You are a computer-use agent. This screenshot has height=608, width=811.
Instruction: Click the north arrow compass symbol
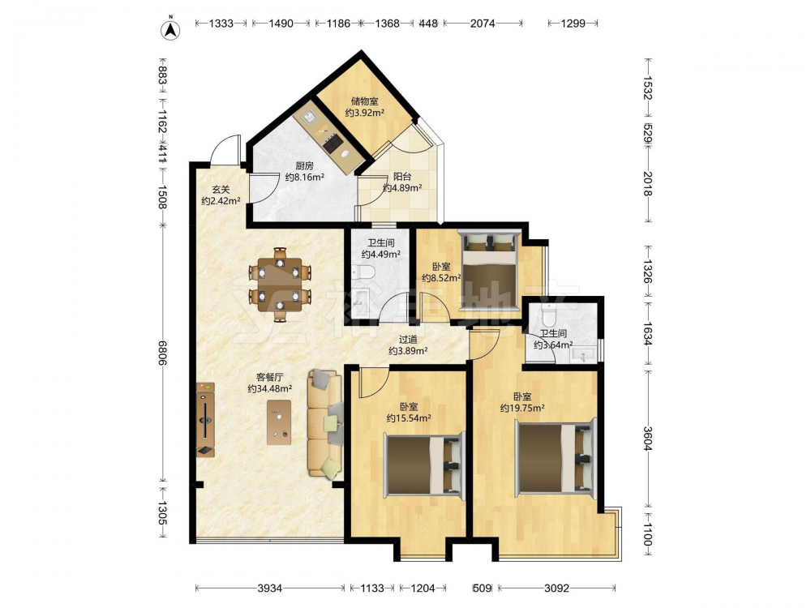(x=169, y=29)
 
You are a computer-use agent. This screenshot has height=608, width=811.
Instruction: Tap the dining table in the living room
(x=280, y=285)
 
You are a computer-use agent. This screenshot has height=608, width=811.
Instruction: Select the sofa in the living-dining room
(x=325, y=423)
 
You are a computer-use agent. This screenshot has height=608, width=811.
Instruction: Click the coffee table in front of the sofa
(x=279, y=422)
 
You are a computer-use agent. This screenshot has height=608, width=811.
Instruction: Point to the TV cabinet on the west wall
(x=205, y=420)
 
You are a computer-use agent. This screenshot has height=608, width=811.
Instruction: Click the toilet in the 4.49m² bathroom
(x=365, y=272)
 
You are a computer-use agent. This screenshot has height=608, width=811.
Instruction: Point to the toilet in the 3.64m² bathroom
(x=548, y=314)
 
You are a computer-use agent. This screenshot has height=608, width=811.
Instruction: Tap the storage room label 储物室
(x=365, y=101)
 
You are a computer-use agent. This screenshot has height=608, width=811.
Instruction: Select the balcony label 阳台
(x=402, y=177)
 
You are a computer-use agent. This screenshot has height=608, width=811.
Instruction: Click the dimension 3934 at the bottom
(x=270, y=588)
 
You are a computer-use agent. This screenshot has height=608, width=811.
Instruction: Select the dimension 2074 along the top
(x=483, y=24)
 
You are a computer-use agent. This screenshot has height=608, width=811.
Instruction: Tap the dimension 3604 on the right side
(x=647, y=438)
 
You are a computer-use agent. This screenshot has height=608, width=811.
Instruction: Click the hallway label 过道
(x=408, y=340)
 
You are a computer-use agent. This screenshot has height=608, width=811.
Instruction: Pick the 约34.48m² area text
(x=269, y=389)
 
